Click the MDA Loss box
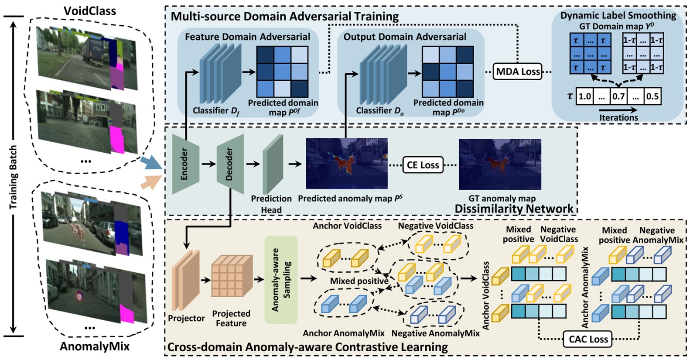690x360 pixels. coord(518,72)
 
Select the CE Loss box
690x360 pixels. coord(423,165)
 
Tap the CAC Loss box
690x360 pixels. coord(588,339)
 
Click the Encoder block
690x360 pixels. coord(185,164)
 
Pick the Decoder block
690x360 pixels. coord(230,164)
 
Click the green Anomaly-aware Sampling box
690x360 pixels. coord(281,280)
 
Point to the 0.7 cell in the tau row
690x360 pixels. coord(618,96)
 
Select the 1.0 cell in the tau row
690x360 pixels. coord(585,96)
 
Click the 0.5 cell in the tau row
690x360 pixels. coord(652,96)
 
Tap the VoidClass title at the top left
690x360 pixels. coord(90,10)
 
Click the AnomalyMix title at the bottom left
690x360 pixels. coord(95,346)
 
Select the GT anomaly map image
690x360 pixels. coord(500,164)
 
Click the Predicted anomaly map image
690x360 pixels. coord(347,163)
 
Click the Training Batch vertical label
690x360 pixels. coord(14,177)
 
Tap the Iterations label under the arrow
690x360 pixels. coord(618,117)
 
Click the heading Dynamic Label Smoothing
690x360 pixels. coord(618,16)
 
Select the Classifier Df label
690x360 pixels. coord(216,111)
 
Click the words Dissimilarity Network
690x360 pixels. coord(514,209)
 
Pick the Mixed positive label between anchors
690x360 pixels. coord(359,281)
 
